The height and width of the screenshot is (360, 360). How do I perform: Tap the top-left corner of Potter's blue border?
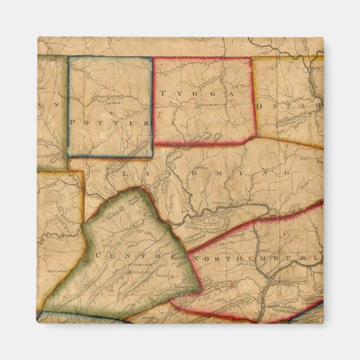pos(69,57)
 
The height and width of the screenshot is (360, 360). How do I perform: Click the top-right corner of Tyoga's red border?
pos(253,58)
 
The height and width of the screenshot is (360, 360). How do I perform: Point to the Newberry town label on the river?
pos(221,202)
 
